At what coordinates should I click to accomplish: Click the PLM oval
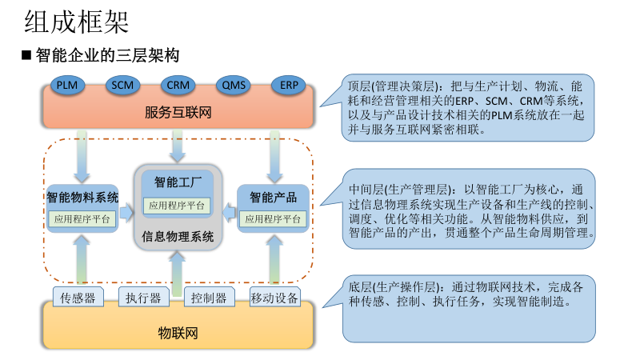[x=66, y=84]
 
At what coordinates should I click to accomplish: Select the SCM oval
[x=122, y=84]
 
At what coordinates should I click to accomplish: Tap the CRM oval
[x=177, y=84]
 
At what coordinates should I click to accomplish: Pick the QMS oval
[x=234, y=84]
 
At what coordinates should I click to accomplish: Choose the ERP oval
[x=289, y=84]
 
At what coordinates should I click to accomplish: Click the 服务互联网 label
[x=178, y=112]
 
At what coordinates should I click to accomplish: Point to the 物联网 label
[x=178, y=332]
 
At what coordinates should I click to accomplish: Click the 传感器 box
[x=78, y=298]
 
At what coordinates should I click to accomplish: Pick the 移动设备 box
[x=274, y=298]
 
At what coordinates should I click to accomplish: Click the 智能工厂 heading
[x=177, y=181]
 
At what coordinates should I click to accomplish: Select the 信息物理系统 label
[x=178, y=236]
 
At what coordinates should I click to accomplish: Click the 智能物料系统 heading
[x=82, y=197]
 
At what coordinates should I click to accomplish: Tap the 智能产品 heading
[x=273, y=197]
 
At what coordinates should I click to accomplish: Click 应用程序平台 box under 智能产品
[x=273, y=218]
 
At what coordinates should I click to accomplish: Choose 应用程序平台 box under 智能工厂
[x=177, y=205]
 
